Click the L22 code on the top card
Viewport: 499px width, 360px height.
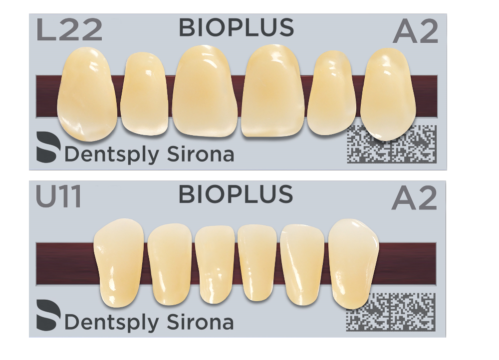tap(69, 29)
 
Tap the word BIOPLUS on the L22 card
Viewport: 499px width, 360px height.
tap(237, 27)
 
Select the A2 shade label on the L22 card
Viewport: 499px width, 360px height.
tap(415, 31)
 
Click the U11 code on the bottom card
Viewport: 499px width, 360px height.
tap(59, 196)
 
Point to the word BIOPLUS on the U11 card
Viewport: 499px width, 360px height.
tap(236, 194)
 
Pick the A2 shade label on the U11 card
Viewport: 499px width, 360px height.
tap(414, 198)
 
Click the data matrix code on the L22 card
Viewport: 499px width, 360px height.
tap(391, 144)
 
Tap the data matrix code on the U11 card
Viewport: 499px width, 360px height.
tap(391, 312)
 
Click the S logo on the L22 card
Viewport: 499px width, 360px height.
tap(48, 147)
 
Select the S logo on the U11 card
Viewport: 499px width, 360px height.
tap(48, 315)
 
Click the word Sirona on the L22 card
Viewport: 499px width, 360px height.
tap(201, 154)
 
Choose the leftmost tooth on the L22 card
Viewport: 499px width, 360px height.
tap(86, 94)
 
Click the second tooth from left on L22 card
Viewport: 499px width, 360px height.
tap(144, 94)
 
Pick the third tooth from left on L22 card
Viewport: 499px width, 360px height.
tap(205, 91)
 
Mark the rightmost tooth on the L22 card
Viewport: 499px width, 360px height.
tap(388, 94)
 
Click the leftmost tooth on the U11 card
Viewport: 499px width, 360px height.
tap(118, 263)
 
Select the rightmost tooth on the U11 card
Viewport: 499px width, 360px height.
tap(354, 264)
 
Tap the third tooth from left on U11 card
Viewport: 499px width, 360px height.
tap(215, 265)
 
